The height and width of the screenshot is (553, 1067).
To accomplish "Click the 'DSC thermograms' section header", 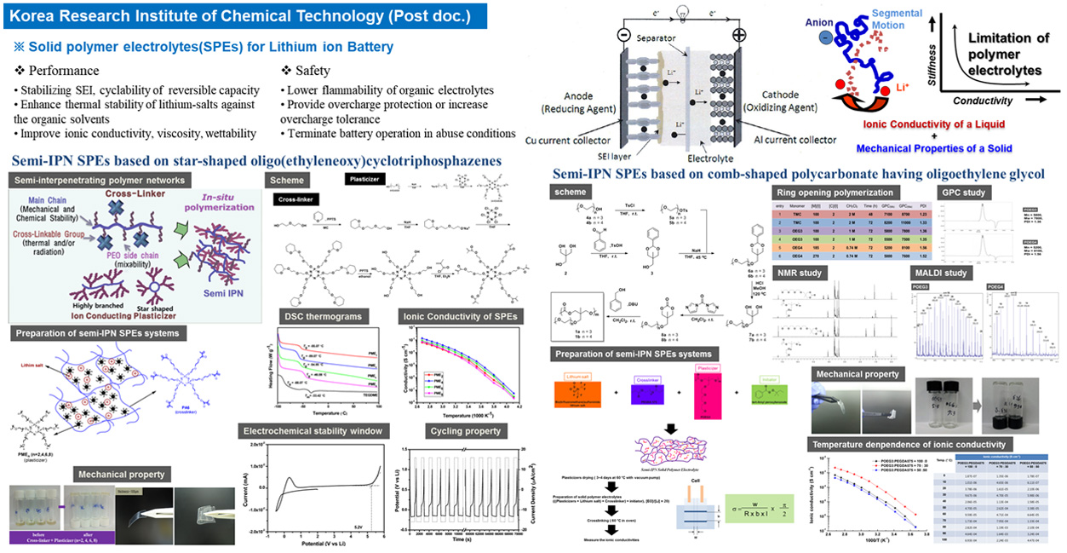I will (x=313, y=317).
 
